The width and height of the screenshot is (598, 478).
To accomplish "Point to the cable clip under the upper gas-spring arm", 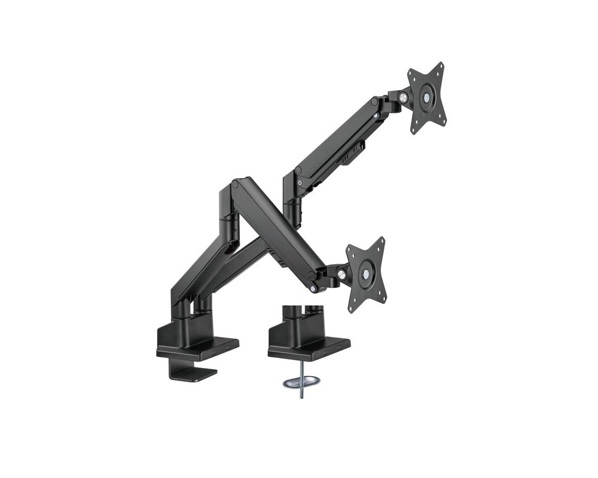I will pyautogui.click(x=346, y=158).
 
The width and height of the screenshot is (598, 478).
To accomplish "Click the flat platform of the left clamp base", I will pyautogui.click(x=197, y=347).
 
